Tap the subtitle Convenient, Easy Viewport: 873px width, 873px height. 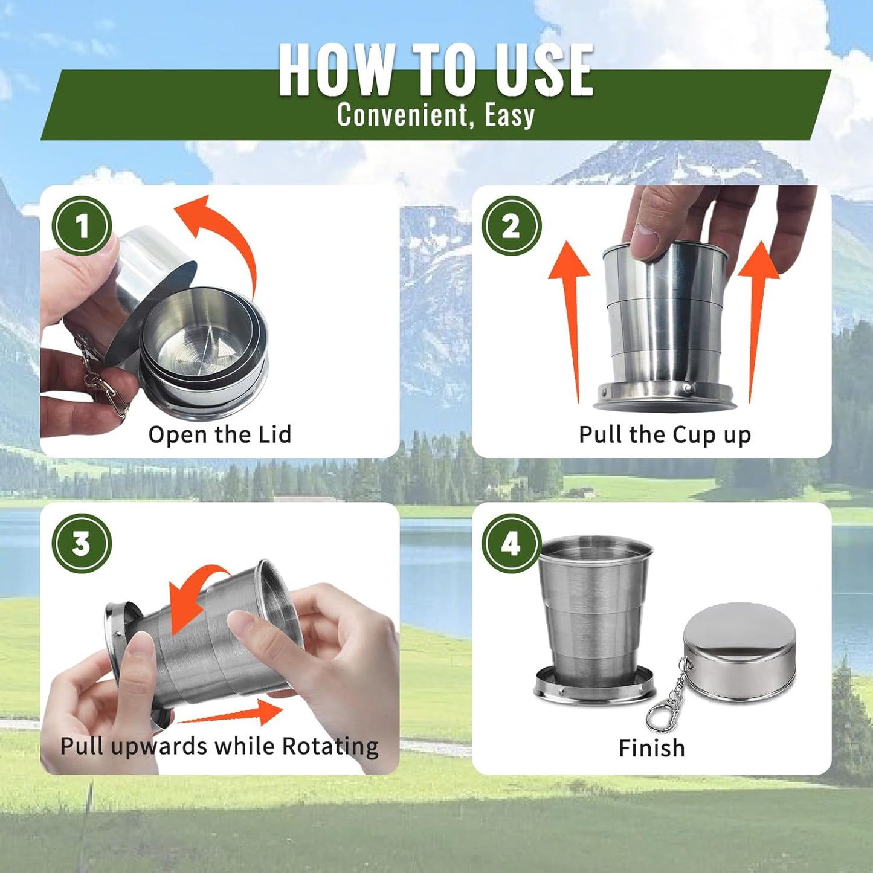coord(436,115)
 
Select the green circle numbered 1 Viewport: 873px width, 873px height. coord(82,226)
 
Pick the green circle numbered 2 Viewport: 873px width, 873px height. coord(511,226)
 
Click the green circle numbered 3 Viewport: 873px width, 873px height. coord(82,543)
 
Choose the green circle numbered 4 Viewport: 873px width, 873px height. coord(511,543)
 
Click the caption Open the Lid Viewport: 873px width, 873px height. coord(220,434)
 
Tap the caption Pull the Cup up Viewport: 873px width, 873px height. coord(665,434)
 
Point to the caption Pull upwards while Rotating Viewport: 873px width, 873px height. coord(219,746)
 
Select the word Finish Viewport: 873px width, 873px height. coord(651,748)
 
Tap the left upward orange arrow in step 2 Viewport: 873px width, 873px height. coord(570,314)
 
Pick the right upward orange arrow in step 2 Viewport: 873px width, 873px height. coord(758,314)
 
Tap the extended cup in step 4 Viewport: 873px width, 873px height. coord(594,616)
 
